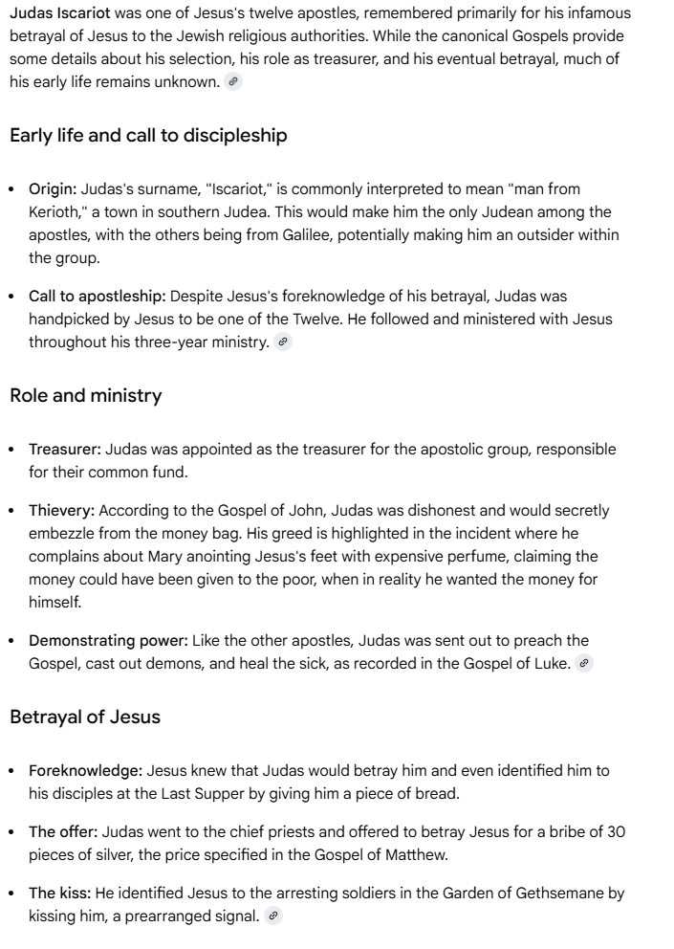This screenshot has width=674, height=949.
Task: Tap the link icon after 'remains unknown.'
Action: tap(233, 82)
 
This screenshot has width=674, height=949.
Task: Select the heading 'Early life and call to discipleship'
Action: tap(148, 136)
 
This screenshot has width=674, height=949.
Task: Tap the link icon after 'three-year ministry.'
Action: tap(282, 342)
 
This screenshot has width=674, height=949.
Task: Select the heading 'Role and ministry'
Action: tap(86, 396)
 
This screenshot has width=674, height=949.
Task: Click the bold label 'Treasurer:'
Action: tap(65, 450)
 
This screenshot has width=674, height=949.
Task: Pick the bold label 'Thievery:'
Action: tap(61, 511)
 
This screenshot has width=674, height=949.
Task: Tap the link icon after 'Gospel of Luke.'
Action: tap(584, 664)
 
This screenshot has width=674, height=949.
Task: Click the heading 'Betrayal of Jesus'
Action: tap(85, 717)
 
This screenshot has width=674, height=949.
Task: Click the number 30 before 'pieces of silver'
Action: tap(616, 832)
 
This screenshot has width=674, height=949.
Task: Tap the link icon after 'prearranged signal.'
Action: tap(273, 916)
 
